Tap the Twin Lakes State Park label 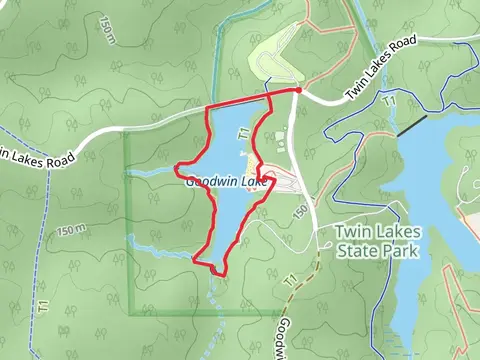click(378, 240)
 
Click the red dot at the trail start click(298, 90)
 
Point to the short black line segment click(411, 125)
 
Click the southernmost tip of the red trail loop click(218, 270)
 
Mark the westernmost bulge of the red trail click(177, 167)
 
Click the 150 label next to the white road click(299, 213)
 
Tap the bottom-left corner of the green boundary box click(125, 315)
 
